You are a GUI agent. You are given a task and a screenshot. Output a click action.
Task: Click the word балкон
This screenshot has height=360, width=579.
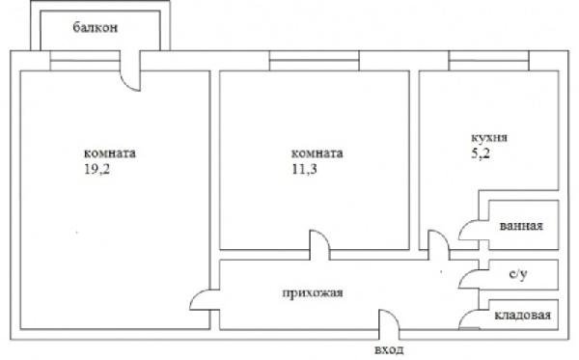96,28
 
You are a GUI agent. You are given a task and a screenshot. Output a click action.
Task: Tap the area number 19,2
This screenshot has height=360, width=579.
97,170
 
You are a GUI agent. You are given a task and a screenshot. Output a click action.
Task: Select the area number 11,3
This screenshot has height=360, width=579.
304,170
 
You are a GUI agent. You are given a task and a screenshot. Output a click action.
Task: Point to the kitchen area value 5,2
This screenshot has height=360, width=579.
481,153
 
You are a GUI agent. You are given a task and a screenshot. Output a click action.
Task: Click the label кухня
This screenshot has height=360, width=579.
489,138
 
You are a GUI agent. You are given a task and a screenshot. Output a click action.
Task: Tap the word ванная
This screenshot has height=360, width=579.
521,226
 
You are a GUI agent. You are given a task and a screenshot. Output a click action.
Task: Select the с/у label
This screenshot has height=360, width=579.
518,274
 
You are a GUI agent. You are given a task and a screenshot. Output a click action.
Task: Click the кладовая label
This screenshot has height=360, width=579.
522,315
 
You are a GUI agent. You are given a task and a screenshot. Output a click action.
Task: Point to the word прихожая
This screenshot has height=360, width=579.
313,292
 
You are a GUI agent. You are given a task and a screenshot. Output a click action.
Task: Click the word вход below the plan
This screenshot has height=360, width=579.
389,349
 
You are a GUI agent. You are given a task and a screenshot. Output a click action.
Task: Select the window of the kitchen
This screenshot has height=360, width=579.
489,61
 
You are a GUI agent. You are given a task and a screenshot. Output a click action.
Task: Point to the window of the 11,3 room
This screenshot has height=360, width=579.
315,61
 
